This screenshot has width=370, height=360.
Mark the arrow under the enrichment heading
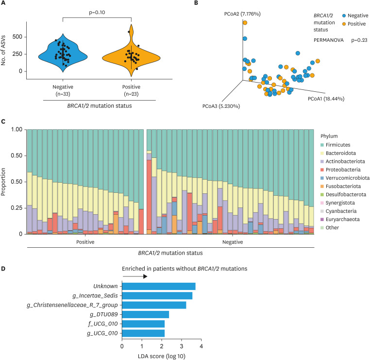point(135,276)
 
